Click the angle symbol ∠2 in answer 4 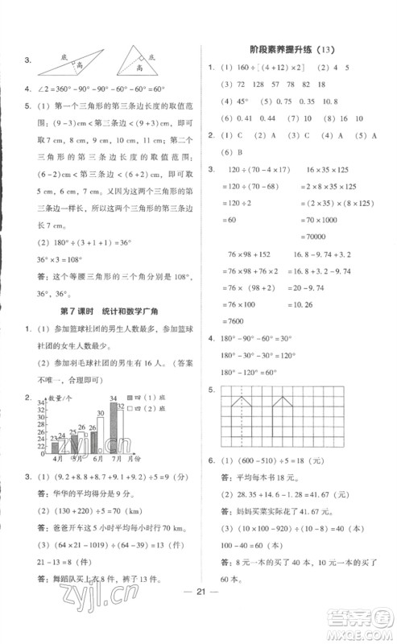(37, 89)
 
